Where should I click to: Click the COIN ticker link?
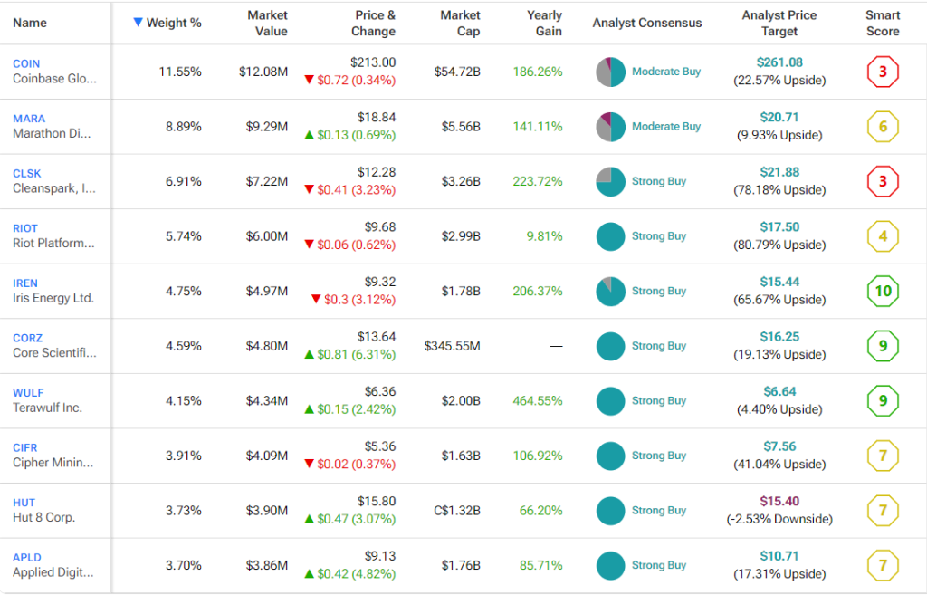pyautogui.click(x=26, y=63)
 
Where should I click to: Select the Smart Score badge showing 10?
pyautogui.click(x=883, y=292)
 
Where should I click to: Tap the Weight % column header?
pyautogui.click(x=174, y=23)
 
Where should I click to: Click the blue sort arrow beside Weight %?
pyautogui.click(x=138, y=22)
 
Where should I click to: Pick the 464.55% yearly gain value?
pyautogui.click(x=538, y=400)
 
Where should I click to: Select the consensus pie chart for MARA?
pyautogui.click(x=611, y=127)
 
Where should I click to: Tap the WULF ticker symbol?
pyautogui.click(x=28, y=393)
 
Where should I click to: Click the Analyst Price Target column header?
pyautogui.click(x=779, y=23)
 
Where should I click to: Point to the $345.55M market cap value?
pyautogui.click(x=452, y=346)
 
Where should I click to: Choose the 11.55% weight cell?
pyautogui.click(x=180, y=72)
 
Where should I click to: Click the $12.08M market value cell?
pyautogui.click(x=263, y=72)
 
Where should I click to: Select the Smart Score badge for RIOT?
pyautogui.click(x=883, y=237)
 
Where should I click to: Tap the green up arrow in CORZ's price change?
pyautogui.click(x=310, y=354)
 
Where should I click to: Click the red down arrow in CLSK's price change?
pyautogui.click(x=310, y=189)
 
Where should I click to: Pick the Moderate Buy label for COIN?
pyautogui.click(x=666, y=72)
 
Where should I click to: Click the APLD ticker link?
pyautogui.click(x=27, y=558)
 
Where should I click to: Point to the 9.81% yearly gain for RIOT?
pyautogui.click(x=543, y=236)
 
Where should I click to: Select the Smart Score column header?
pyautogui.click(x=883, y=23)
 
